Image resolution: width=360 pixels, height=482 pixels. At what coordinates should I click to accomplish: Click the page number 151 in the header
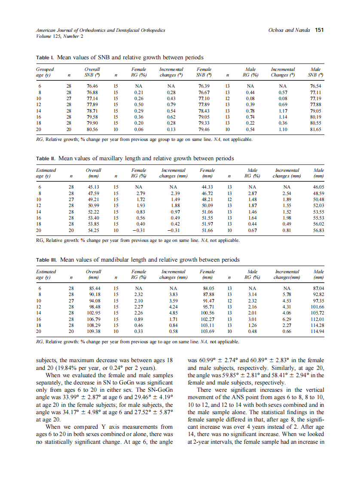click(319, 30)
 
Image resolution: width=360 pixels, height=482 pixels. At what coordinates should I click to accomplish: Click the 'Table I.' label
click(45, 58)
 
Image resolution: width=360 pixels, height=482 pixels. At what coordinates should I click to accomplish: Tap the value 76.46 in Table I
click(92, 86)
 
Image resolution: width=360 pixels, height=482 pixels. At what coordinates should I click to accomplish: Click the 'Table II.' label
click(46, 159)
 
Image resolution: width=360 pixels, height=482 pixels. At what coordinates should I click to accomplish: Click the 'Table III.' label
click(47, 260)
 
